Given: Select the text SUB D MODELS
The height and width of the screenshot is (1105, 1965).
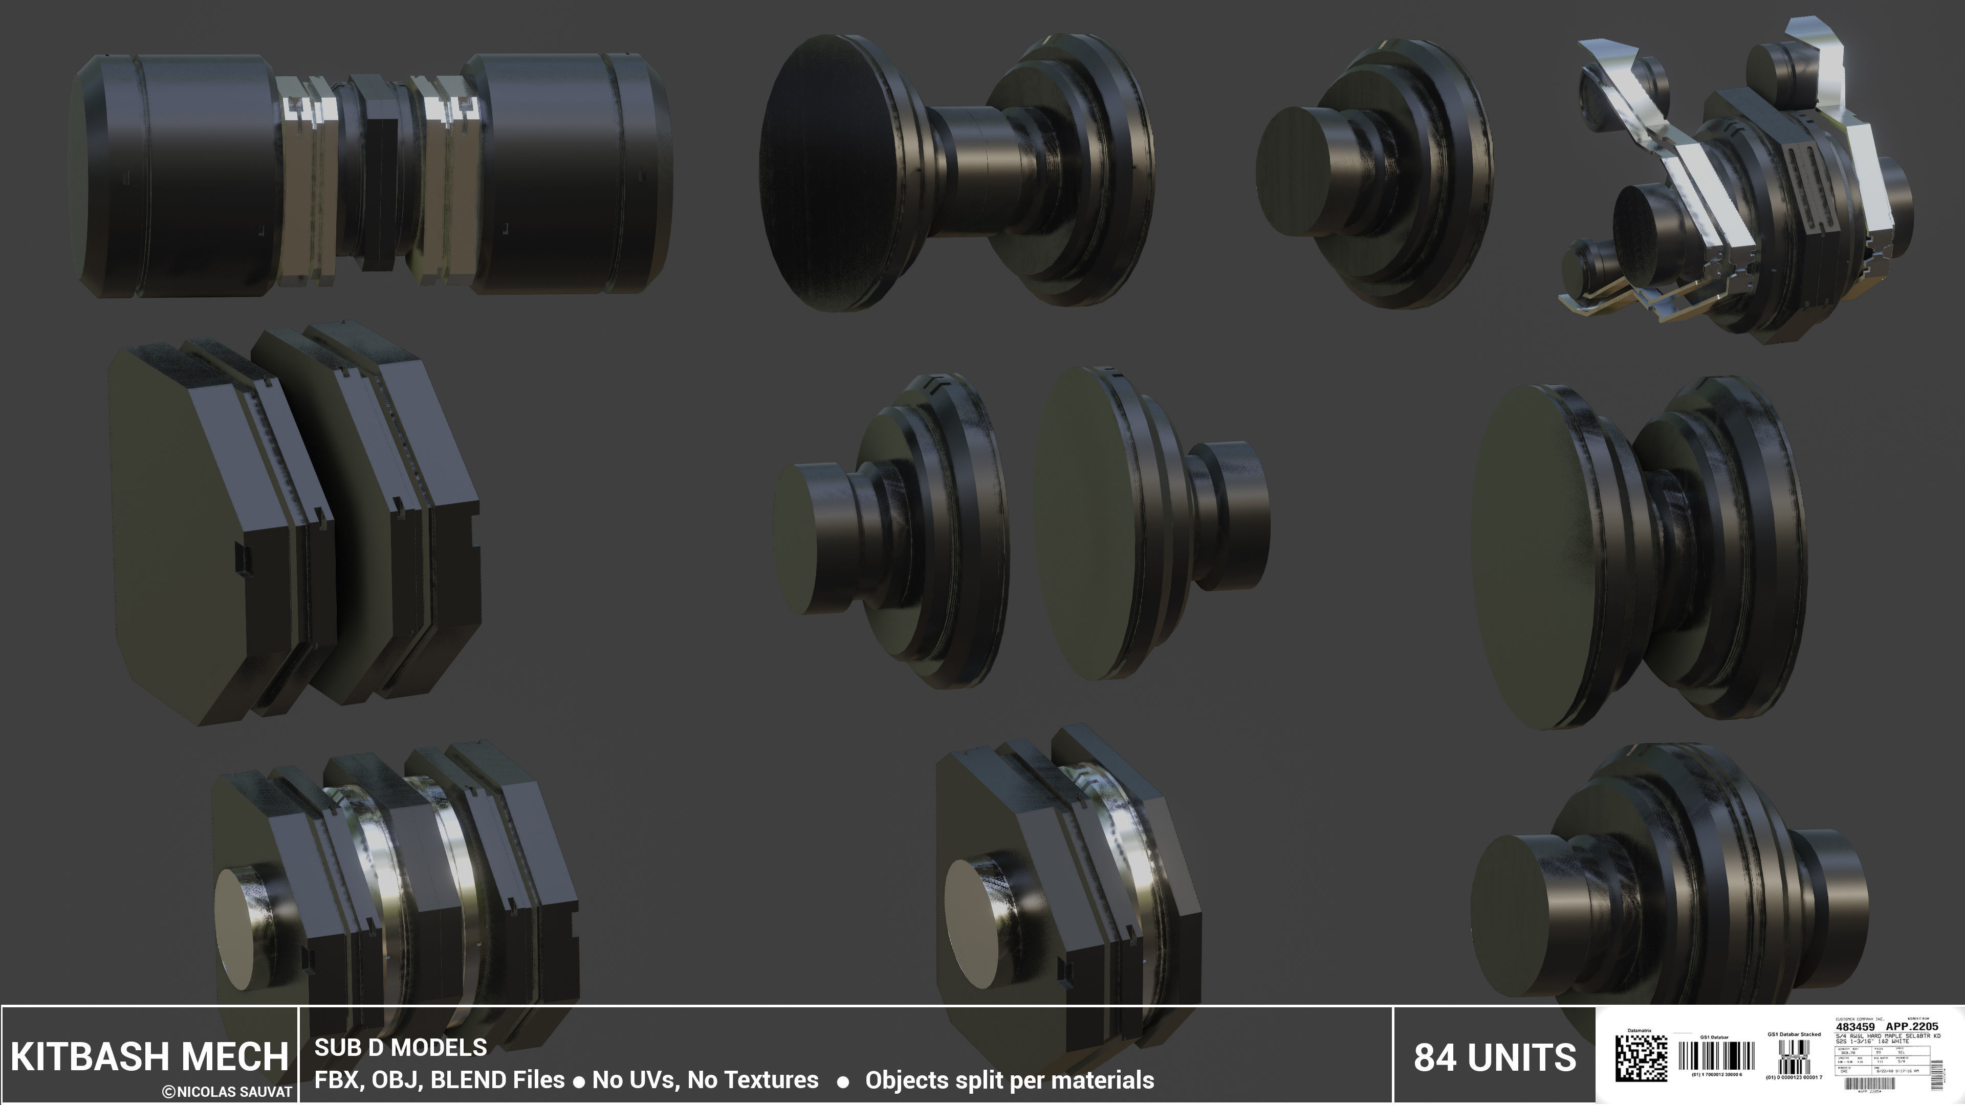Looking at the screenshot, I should click(x=401, y=1047).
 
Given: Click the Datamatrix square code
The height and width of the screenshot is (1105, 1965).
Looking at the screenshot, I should click(x=1641, y=1058).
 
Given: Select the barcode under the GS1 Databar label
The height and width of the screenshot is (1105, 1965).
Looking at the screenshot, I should click(x=1716, y=1057).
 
